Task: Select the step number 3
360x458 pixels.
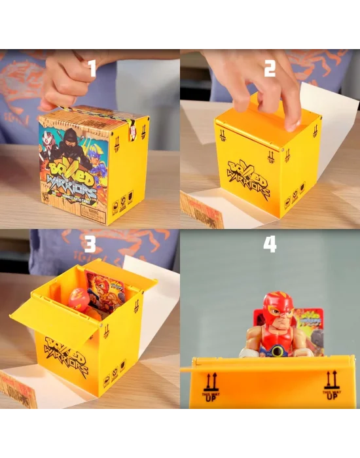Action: (x=90, y=243)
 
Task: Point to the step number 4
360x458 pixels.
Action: (x=270, y=244)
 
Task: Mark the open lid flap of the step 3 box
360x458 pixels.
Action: (x=52, y=321)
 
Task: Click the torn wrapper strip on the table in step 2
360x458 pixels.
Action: (x=202, y=209)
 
